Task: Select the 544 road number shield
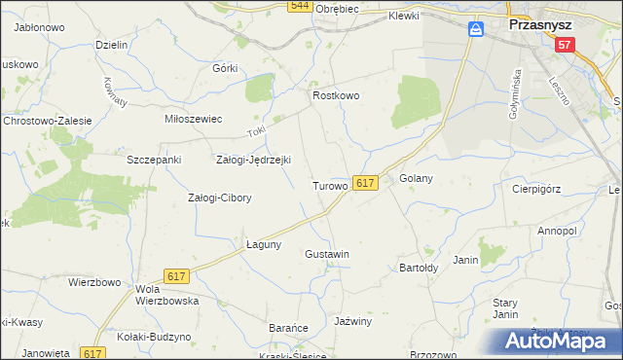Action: (x=300, y=7)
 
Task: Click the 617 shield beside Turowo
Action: (x=365, y=183)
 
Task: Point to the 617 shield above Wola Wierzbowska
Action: (x=176, y=277)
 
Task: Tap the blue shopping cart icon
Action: (x=475, y=30)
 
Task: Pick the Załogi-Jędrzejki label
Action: (x=252, y=161)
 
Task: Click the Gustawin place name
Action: (x=326, y=254)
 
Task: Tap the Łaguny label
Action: (x=263, y=244)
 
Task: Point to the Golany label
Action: (x=416, y=179)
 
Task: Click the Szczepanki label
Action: (x=149, y=159)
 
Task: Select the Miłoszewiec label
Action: (x=194, y=119)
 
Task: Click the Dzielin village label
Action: (x=112, y=45)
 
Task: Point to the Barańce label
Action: (x=288, y=329)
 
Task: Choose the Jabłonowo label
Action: (x=39, y=28)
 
